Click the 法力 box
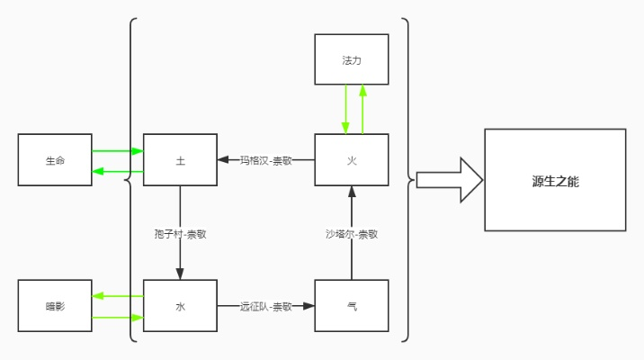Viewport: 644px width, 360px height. [352, 60]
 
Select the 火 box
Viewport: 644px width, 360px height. [352, 160]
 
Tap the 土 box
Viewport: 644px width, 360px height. [180, 160]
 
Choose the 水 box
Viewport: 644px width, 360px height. [180, 306]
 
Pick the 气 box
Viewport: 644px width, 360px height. [352, 306]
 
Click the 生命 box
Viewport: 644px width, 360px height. [55, 160]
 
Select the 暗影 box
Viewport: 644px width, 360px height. [55, 306]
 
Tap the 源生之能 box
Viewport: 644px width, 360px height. [555, 180]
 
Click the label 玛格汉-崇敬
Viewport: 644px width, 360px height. [265, 160]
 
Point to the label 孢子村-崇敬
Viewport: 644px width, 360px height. [180, 233]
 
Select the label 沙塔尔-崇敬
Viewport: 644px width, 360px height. [352, 233]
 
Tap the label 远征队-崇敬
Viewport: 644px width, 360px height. [265, 306]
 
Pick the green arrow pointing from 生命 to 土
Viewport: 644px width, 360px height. [117, 151]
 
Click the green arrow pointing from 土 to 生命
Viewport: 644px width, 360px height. [117, 171]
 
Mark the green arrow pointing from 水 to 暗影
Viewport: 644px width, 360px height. [117, 295]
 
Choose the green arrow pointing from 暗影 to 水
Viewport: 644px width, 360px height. [117, 317]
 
